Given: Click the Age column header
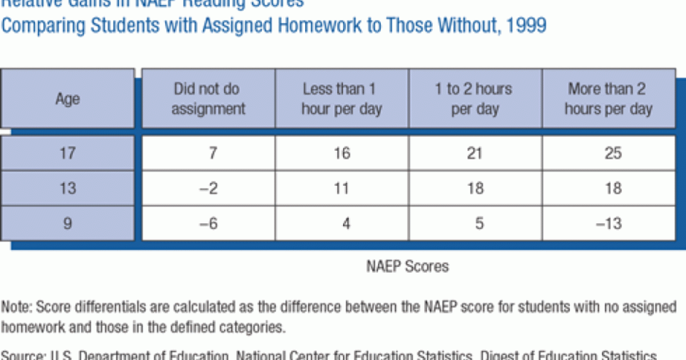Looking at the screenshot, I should click(67, 99).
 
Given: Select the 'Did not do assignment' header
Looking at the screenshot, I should click(208, 99).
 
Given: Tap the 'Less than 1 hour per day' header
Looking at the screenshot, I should click(342, 99).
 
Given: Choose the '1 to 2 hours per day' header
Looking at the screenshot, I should click(475, 99).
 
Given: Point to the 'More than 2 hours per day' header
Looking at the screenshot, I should click(608, 99).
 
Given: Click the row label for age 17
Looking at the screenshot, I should click(67, 154).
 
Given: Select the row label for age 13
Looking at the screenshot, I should click(67, 187).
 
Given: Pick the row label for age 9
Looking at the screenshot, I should click(67, 223).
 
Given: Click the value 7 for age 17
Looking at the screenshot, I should click(208, 154).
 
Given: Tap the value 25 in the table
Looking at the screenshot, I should click(612, 154).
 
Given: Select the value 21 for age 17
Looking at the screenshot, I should click(475, 154).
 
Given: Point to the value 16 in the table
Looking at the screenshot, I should click(342, 154).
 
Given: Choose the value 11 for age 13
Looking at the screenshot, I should click(342, 187).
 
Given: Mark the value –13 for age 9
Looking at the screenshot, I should click(609, 223).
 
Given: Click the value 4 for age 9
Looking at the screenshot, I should click(345, 223).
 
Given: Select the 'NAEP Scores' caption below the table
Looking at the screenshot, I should click(408, 266).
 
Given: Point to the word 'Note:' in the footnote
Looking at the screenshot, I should click(17, 307).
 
